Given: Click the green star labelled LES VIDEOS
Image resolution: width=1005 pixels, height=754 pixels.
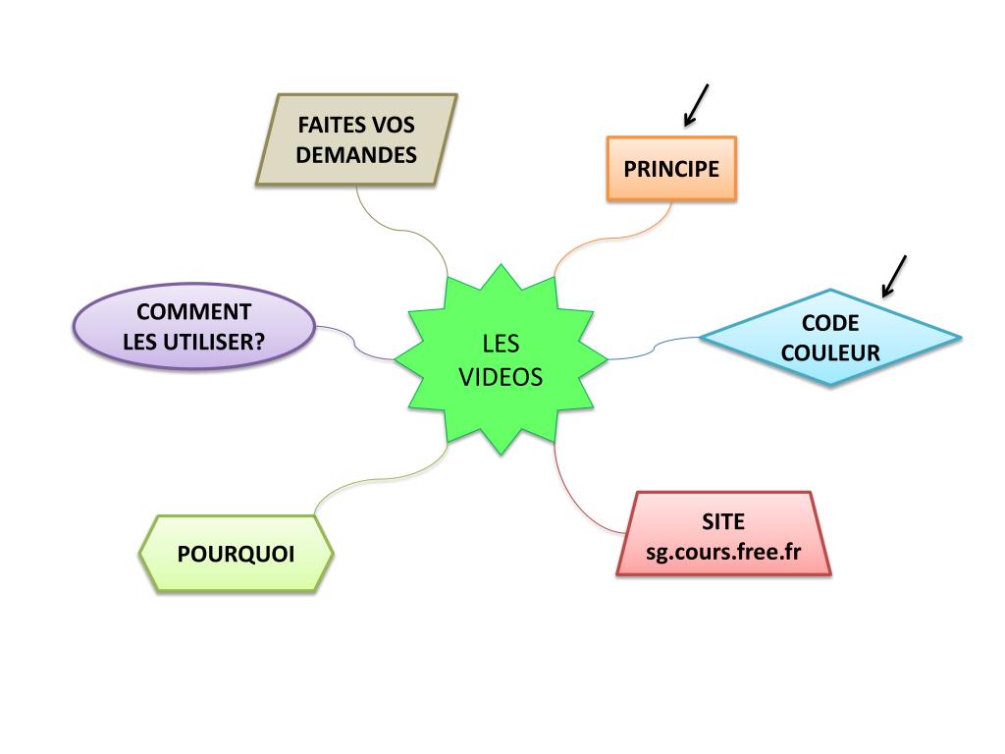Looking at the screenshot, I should point(501,359).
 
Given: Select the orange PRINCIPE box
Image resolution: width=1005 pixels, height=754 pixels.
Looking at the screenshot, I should point(671,169).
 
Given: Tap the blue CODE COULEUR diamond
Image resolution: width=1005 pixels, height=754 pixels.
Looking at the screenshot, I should point(830,337).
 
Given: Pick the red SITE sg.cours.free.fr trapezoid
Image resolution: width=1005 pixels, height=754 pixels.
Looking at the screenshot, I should point(724,534).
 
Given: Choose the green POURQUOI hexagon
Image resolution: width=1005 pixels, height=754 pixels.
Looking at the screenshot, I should point(237,553).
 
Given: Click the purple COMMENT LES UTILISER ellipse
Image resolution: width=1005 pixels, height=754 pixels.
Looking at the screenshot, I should point(194,328).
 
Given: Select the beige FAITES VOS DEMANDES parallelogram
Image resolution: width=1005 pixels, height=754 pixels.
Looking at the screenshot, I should point(356,139).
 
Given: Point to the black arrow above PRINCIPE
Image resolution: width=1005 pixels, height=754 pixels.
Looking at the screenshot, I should point(696,104).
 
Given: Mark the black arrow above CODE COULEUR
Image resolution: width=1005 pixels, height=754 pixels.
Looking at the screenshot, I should point(894,275).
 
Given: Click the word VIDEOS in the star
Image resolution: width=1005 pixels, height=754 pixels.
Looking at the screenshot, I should point(501,377).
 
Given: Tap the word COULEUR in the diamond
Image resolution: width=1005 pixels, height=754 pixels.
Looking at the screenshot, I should point(830,351).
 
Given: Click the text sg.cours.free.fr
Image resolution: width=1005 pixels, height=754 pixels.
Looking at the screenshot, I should point(724,551).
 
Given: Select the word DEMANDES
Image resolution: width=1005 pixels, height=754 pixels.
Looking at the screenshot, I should point(356,154).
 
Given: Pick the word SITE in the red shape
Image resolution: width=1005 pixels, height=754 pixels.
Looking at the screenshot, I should point(723,520).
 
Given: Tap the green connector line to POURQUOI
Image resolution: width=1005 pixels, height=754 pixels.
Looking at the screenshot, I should point(373,480).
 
